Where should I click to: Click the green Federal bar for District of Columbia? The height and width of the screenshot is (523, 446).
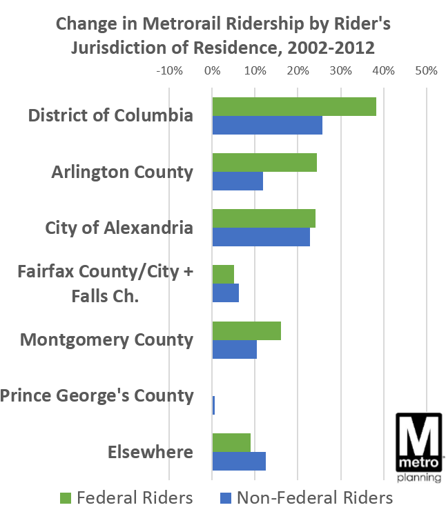[x=294, y=107]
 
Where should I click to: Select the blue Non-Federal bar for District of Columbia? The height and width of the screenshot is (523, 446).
[x=267, y=125]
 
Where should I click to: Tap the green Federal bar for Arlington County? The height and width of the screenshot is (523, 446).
[x=264, y=163]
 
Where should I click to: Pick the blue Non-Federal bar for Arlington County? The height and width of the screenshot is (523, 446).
[x=237, y=181]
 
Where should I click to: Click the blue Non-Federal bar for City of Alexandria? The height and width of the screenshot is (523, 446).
[x=261, y=237]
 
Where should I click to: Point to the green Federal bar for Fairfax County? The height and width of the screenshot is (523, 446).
[x=223, y=275]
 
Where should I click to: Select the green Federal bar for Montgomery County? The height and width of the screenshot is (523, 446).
[x=246, y=331]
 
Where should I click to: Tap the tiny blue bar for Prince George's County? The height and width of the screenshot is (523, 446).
[x=213, y=405]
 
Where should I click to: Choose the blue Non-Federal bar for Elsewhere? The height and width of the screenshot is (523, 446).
[x=239, y=461]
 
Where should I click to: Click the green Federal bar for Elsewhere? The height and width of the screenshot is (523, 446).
[x=231, y=443]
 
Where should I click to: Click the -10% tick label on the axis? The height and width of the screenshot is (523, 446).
[x=169, y=70]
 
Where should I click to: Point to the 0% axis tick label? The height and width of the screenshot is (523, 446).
[x=212, y=70]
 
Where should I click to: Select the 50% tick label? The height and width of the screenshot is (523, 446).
[x=427, y=70]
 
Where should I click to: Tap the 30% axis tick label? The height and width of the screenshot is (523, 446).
[x=340, y=70]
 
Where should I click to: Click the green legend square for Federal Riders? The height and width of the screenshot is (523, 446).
[x=66, y=498]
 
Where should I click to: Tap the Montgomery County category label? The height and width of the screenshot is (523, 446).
[x=106, y=339]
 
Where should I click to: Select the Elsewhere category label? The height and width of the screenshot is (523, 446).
[x=150, y=453]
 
